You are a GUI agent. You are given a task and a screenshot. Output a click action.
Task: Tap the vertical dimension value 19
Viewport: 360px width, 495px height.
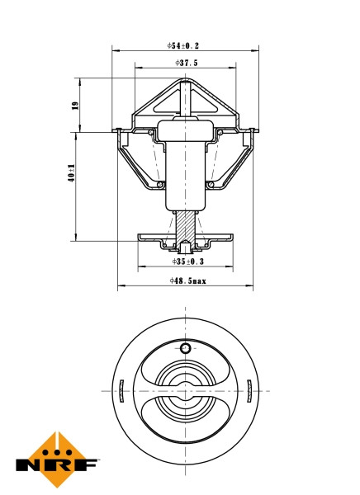[73, 105]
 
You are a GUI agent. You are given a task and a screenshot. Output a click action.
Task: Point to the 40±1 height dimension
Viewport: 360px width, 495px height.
[73, 177]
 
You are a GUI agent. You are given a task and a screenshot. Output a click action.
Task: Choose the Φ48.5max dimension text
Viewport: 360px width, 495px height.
[187, 280]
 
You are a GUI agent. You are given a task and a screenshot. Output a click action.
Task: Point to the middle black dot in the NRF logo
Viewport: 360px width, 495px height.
[58, 451]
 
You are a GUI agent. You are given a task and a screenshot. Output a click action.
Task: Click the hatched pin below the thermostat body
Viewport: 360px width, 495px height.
[186, 226]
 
